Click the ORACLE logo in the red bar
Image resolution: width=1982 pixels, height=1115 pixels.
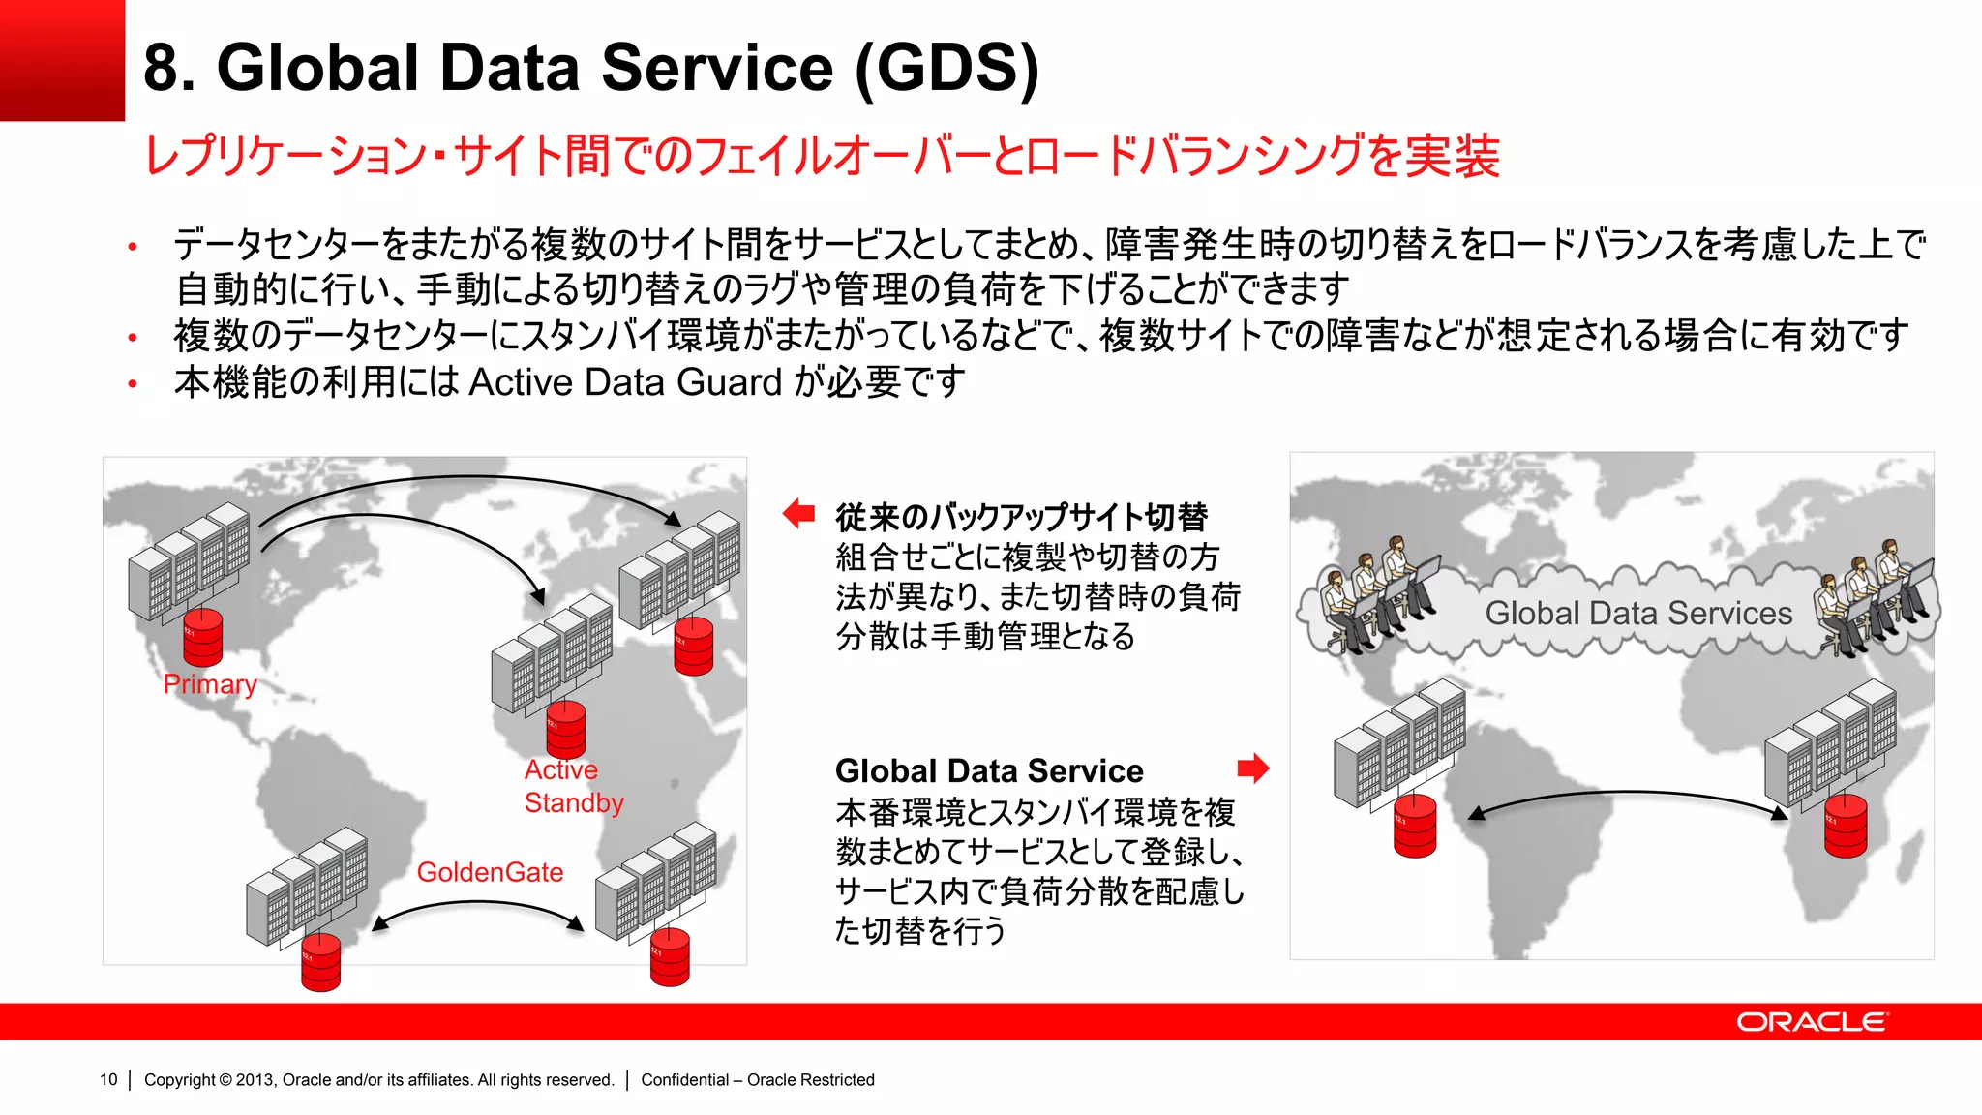1811,1022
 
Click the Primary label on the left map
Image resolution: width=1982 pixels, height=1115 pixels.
210,684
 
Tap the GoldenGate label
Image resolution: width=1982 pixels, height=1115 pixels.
490,872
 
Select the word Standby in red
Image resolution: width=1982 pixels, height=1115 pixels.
574,803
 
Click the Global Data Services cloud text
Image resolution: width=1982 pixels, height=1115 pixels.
1638,614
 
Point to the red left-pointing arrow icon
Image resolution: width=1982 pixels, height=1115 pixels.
798,513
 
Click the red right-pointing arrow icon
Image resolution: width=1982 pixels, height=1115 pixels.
1253,768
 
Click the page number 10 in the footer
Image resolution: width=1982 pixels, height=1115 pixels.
108,1079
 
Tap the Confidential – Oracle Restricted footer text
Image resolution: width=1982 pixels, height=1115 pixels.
757,1079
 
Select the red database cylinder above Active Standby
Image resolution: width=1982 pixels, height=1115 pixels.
566,729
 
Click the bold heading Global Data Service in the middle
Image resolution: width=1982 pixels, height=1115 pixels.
989,770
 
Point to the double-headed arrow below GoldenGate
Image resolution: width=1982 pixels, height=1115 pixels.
478,912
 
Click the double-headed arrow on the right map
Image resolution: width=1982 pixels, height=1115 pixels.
1628,801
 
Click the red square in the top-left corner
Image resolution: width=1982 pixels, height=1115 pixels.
62,60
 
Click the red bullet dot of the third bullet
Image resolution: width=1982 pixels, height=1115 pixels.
133,384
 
